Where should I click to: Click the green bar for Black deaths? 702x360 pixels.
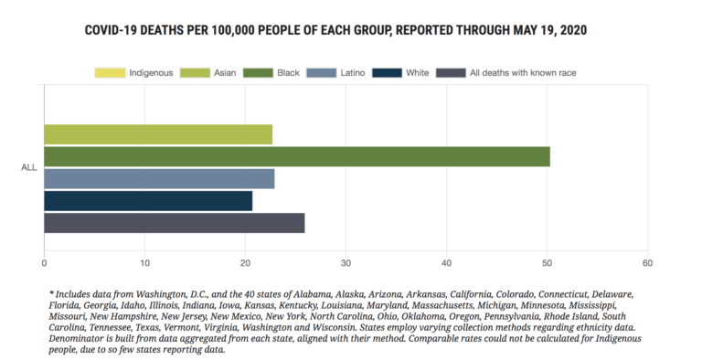297,156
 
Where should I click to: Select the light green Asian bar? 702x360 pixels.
158,134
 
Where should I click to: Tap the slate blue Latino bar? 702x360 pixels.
159,179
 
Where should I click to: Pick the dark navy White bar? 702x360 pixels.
148,201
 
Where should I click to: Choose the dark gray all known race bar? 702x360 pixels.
174,223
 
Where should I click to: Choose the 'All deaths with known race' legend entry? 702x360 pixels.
506,72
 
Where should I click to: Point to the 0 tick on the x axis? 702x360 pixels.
44,263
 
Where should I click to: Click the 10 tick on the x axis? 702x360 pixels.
144,263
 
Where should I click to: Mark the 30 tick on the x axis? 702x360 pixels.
346,263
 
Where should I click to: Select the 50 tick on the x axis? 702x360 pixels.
547,263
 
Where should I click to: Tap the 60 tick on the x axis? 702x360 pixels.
647,263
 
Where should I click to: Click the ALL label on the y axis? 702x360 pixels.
28,167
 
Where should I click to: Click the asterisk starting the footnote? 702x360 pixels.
52,293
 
